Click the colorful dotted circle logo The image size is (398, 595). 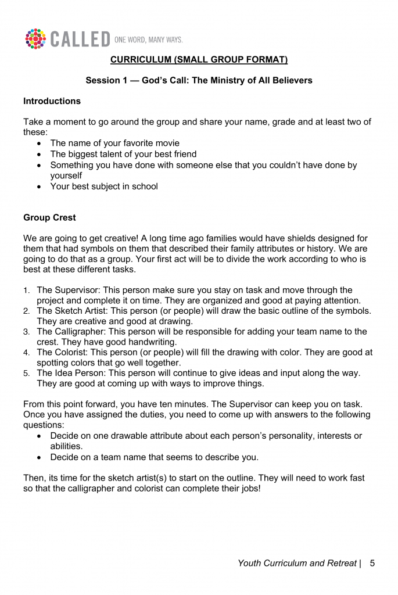coord(35,38)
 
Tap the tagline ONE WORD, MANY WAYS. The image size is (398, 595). coord(149,40)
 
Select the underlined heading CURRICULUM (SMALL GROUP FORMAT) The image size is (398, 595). coord(199,59)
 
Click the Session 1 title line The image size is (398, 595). coord(199,80)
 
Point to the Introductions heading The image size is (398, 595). coord(52,101)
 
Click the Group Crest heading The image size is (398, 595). coord(49,218)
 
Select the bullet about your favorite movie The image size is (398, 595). coord(114,143)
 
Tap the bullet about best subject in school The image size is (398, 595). coord(104,187)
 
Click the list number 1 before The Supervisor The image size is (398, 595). coord(26,291)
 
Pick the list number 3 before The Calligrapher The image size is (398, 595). coord(26,332)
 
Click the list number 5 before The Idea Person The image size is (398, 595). coord(26,373)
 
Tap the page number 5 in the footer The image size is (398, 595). coord(372,563)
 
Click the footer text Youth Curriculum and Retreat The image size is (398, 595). coord(297,563)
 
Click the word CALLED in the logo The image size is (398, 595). coord(80,40)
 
